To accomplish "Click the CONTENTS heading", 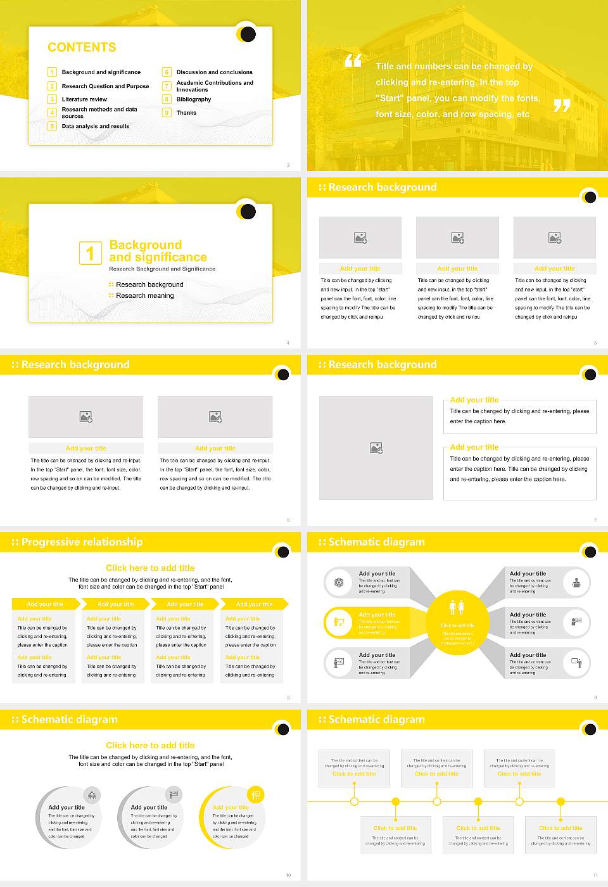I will [x=82, y=48].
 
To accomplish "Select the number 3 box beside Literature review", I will [x=52, y=99].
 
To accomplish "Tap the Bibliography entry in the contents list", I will [x=194, y=99].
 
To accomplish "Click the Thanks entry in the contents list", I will [x=186, y=113].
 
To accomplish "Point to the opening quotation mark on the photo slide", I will [x=353, y=61].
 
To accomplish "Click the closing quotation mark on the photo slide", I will [x=562, y=105].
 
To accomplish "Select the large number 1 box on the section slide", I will [x=90, y=253].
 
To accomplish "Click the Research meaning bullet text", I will [x=145, y=296].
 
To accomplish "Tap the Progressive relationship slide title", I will [x=82, y=542].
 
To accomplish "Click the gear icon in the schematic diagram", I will [x=339, y=582].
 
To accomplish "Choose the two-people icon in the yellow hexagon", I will [x=457, y=607].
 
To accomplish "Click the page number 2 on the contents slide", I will [x=288, y=165].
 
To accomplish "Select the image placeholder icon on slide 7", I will [x=376, y=448].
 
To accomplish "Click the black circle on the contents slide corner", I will [x=248, y=34].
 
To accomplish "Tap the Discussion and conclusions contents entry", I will [x=214, y=72].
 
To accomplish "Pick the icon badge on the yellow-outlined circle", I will [x=255, y=794].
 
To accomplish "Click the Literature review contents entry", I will [x=84, y=99].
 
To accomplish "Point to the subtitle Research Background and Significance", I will [x=162, y=269].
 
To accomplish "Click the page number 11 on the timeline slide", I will [x=595, y=875].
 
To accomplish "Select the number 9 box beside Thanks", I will [x=167, y=113].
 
